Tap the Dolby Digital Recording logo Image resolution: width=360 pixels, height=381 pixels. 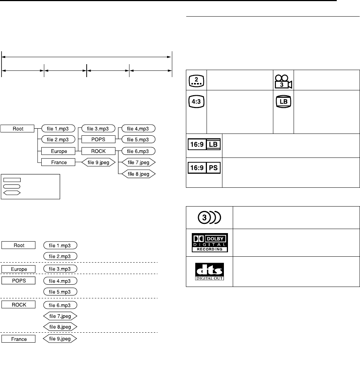pyautogui.click(x=209, y=242)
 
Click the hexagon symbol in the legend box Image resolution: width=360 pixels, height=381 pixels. pyautogui.click(x=12, y=193)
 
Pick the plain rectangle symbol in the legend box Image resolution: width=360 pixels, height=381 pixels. pyautogui.click(x=12, y=180)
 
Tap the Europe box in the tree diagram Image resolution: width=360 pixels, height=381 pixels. pyautogui.click(x=58, y=151)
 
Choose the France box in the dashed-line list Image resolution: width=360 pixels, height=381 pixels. pyautogui.click(x=19, y=339)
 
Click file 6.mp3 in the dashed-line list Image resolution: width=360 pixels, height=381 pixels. pyautogui.click(x=60, y=305)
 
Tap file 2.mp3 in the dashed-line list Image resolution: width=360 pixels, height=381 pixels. pyautogui.click(x=60, y=256)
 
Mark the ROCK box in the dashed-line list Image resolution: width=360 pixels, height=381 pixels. pyautogui.click(x=19, y=305)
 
